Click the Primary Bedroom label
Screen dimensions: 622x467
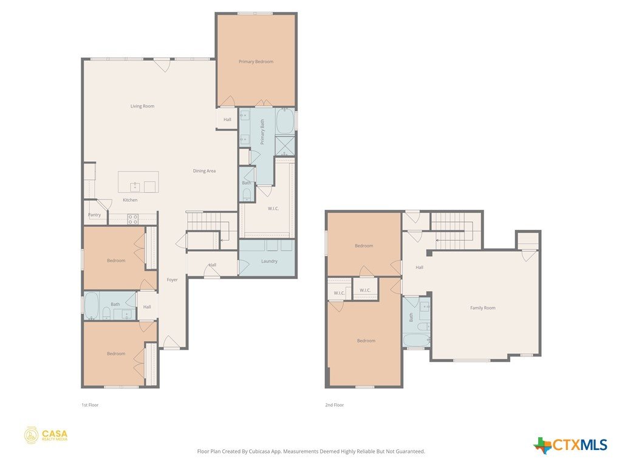[256, 61]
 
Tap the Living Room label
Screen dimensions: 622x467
[142, 106]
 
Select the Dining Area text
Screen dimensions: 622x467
[204, 171]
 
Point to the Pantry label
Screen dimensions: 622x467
[94, 215]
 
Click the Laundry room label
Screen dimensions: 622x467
[269, 261]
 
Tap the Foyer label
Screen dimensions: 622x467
[172, 280]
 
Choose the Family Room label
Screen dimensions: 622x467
[483, 308]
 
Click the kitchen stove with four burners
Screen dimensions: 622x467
[133, 219]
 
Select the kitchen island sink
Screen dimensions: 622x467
[135, 187]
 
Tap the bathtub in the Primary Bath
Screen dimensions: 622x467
[285, 121]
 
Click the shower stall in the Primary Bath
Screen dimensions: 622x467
[285, 146]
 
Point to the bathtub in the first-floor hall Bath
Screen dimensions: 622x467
[92, 306]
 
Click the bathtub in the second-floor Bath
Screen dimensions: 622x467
[417, 340]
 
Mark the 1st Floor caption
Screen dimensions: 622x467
[90, 405]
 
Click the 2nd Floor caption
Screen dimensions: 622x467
[335, 405]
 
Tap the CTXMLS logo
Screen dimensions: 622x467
[570, 445]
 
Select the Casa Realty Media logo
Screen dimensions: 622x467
[46, 435]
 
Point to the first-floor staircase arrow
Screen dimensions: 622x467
[225, 230]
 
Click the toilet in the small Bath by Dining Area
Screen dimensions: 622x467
[247, 194]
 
